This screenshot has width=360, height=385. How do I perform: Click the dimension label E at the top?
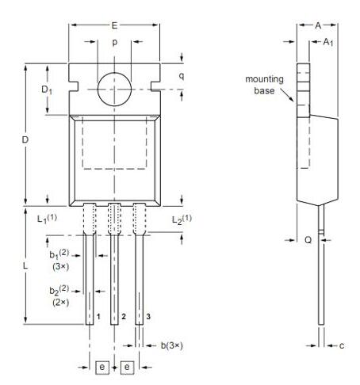pos(115,25)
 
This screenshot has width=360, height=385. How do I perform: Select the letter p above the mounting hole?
pos(115,41)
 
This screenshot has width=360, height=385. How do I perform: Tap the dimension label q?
pos(181,76)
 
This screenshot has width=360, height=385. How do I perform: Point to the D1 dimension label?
pos(47,90)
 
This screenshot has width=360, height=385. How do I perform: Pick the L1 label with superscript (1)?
pos(32,219)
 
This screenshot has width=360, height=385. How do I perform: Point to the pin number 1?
pos(98,317)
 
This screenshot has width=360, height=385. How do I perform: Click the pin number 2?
pos(123,317)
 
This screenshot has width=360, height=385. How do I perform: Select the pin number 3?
pos(148,317)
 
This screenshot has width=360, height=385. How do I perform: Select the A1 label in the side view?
pos(327,41)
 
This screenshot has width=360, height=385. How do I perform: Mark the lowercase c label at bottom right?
pos(342,345)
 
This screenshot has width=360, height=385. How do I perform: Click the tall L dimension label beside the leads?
pos(25,266)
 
